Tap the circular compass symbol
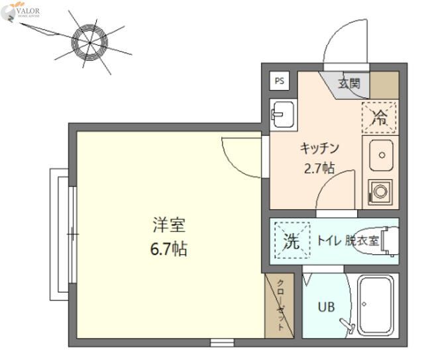(x=90, y=41)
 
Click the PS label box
(x=280, y=81)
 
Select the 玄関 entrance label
(x=349, y=84)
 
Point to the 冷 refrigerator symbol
(x=380, y=118)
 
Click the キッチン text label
(x=320, y=148)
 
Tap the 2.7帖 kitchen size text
(x=319, y=168)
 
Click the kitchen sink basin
(x=381, y=154)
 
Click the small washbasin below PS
(x=280, y=115)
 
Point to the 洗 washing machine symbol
(x=291, y=241)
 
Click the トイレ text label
(x=329, y=241)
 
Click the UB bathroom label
(x=325, y=307)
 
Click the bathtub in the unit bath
(x=377, y=302)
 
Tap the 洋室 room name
(x=169, y=226)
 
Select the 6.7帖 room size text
(x=169, y=249)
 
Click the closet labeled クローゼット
(x=279, y=305)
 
